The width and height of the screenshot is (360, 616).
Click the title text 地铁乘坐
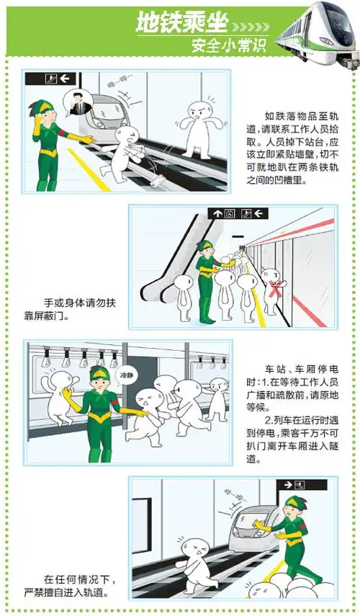(x=182, y=23)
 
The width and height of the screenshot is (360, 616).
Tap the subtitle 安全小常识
(x=229, y=45)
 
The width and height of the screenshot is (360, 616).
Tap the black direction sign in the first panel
(x=51, y=78)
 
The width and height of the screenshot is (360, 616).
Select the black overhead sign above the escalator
(x=238, y=213)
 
